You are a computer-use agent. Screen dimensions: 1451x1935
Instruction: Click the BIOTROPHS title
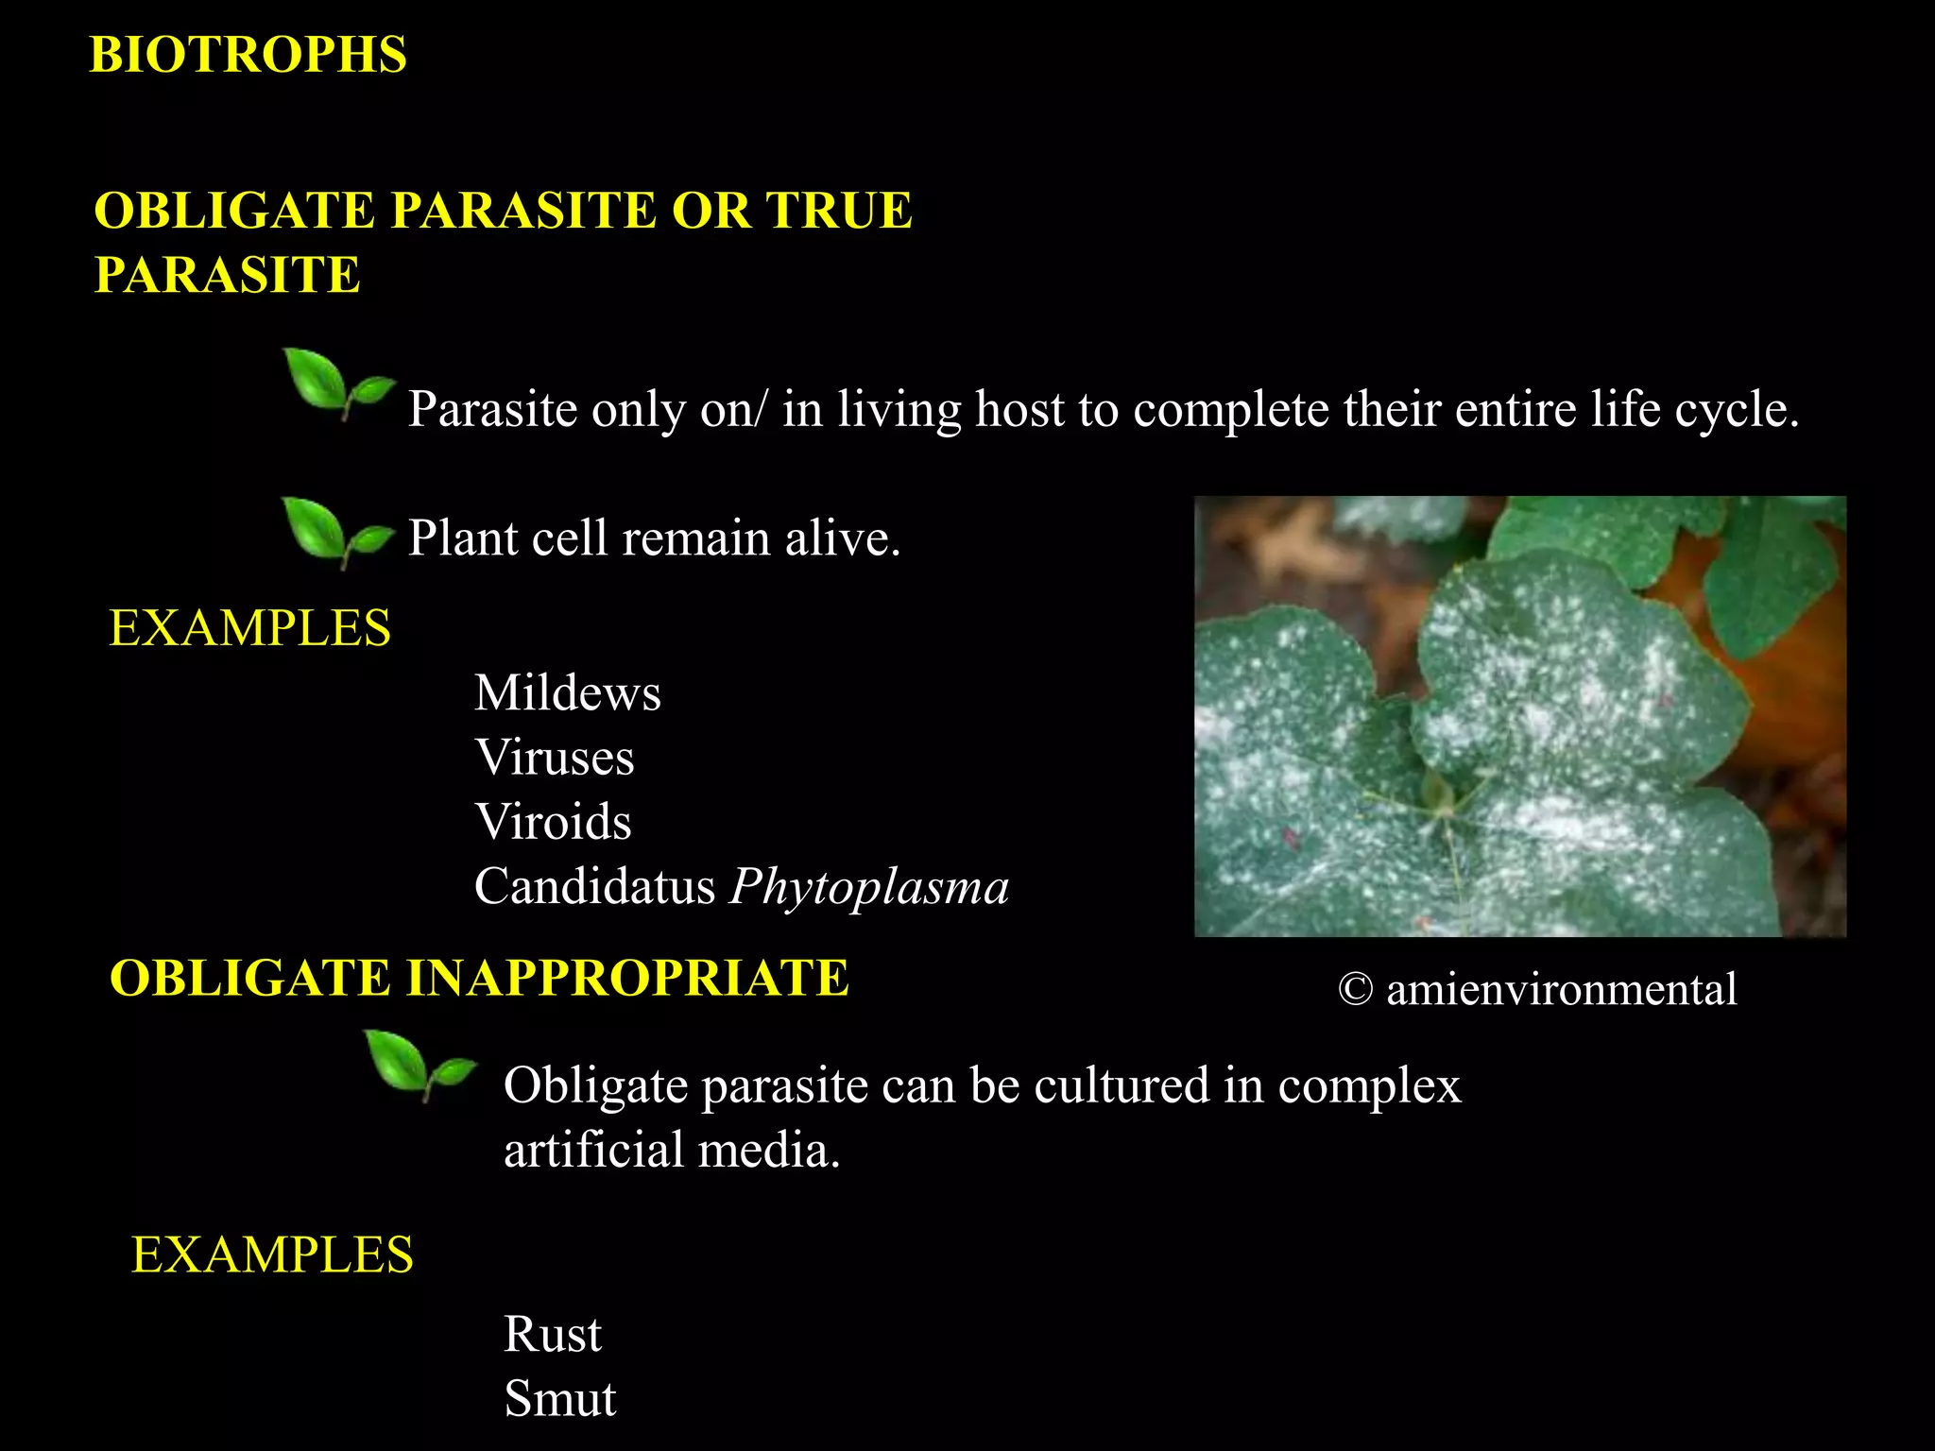pyautogui.click(x=248, y=55)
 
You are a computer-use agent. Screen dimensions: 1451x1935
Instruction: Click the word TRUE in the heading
pyautogui.click(x=838, y=211)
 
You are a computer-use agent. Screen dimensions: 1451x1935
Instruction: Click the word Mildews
pyautogui.click(x=567, y=693)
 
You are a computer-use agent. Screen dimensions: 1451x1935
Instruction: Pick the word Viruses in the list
pyautogui.click(x=554, y=758)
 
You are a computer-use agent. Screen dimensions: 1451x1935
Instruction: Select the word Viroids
pyautogui.click(x=553, y=822)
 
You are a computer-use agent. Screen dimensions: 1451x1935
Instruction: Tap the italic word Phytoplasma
pyautogui.click(x=868, y=887)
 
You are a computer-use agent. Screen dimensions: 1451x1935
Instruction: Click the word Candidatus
pyautogui.click(x=594, y=887)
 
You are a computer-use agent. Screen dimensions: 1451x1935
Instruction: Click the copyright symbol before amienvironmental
pyautogui.click(x=1355, y=990)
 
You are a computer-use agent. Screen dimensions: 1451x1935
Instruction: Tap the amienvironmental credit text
pyautogui.click(x=1561, y=990)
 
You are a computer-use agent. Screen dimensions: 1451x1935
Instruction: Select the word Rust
pyautogui.click(x=552, y=1335)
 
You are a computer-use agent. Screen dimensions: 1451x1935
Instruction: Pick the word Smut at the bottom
pyautogui.click(x=559, y=1399)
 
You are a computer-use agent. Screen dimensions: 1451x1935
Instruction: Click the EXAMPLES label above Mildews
pyautogui.click(x=249, y=628)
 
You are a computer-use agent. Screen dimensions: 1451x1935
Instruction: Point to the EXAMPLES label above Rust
pyautogui.click(x=272, y=1255)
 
